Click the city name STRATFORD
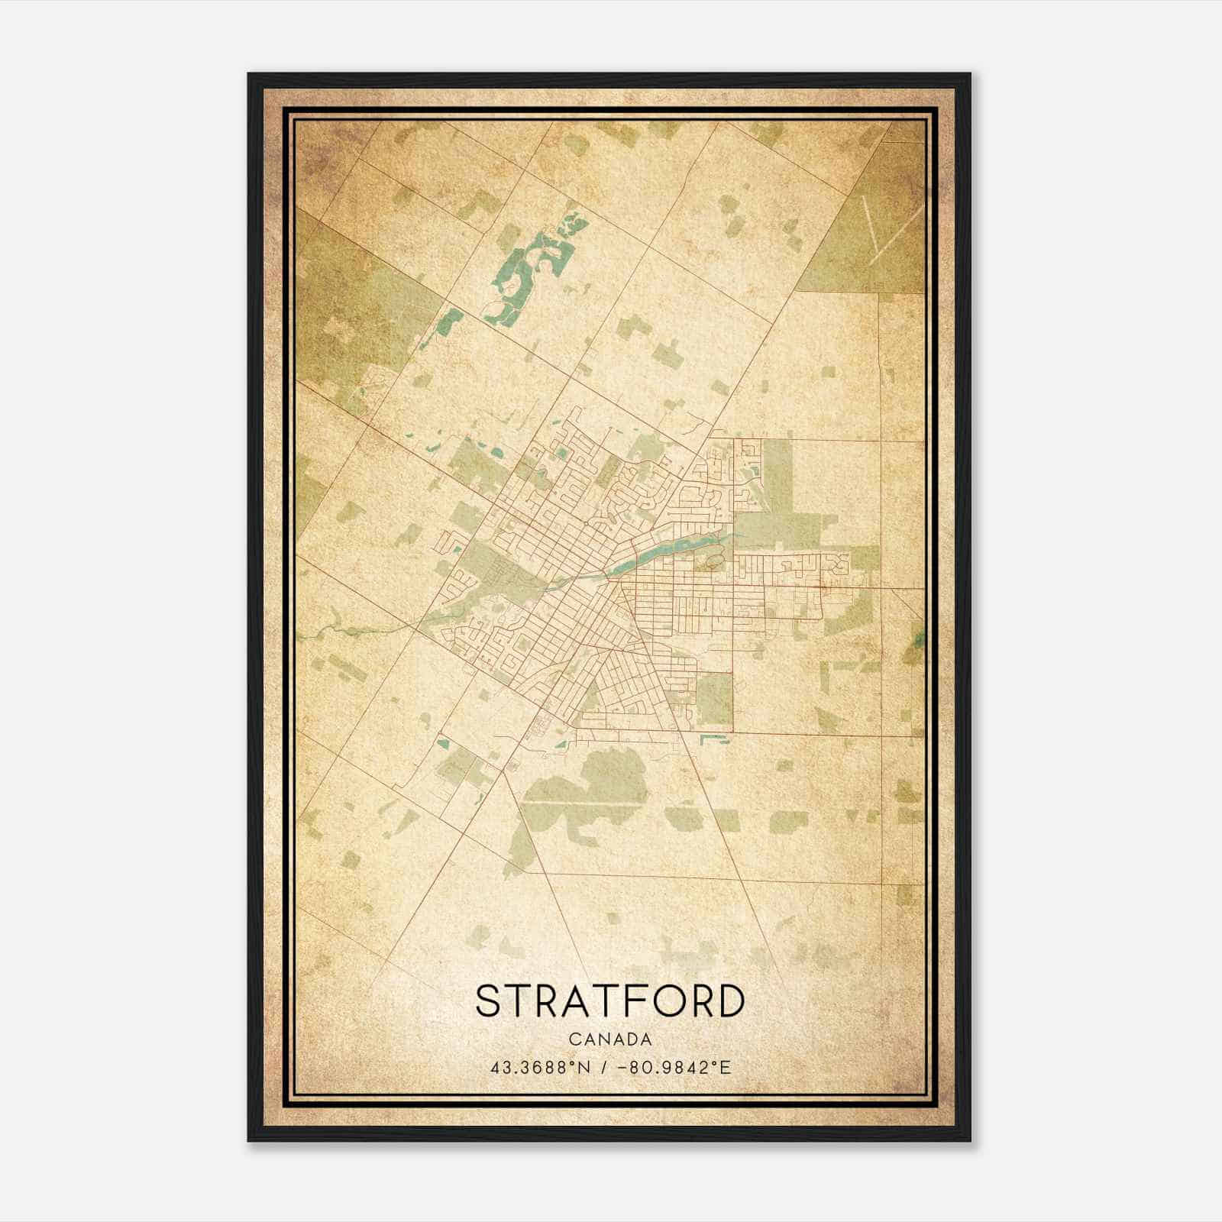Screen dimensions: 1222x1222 609,1001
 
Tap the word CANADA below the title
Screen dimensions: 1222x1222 609,1039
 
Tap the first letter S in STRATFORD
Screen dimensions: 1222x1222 489,1001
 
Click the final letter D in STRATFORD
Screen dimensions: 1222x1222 730,1001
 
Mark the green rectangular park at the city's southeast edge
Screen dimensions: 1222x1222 715,699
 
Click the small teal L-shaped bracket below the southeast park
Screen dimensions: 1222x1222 714,738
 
